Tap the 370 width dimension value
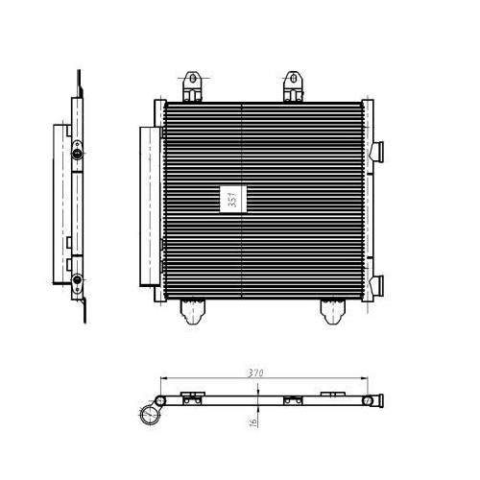pyautogui.click(x=254, y=371)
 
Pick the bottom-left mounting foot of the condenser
pyautogui.click(x=196, y=309)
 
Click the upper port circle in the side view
pyautogui.click(x=77, y=153)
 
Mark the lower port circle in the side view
pyautogui.click(x=77, y=280)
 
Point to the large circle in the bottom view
pyautogui.click(x=151, y=415)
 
